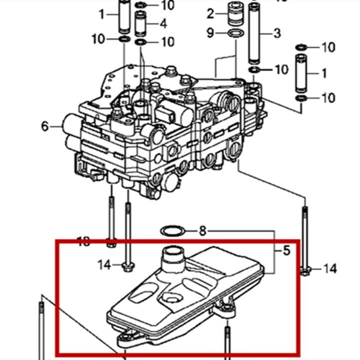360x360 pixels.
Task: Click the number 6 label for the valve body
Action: (45, 126)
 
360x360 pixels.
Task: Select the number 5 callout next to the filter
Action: (286, 250)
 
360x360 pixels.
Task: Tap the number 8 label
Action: (202, 231)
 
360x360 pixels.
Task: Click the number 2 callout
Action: (210, 13)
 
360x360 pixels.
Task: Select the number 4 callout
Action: (163, 23)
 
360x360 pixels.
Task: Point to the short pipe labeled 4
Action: (141, 22)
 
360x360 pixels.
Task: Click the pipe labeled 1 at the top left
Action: (124, 15)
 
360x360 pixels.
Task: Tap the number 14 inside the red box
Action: (104, 264)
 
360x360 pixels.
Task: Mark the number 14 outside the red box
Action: (329, 269)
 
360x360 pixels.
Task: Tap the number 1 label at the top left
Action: (102, 14)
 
